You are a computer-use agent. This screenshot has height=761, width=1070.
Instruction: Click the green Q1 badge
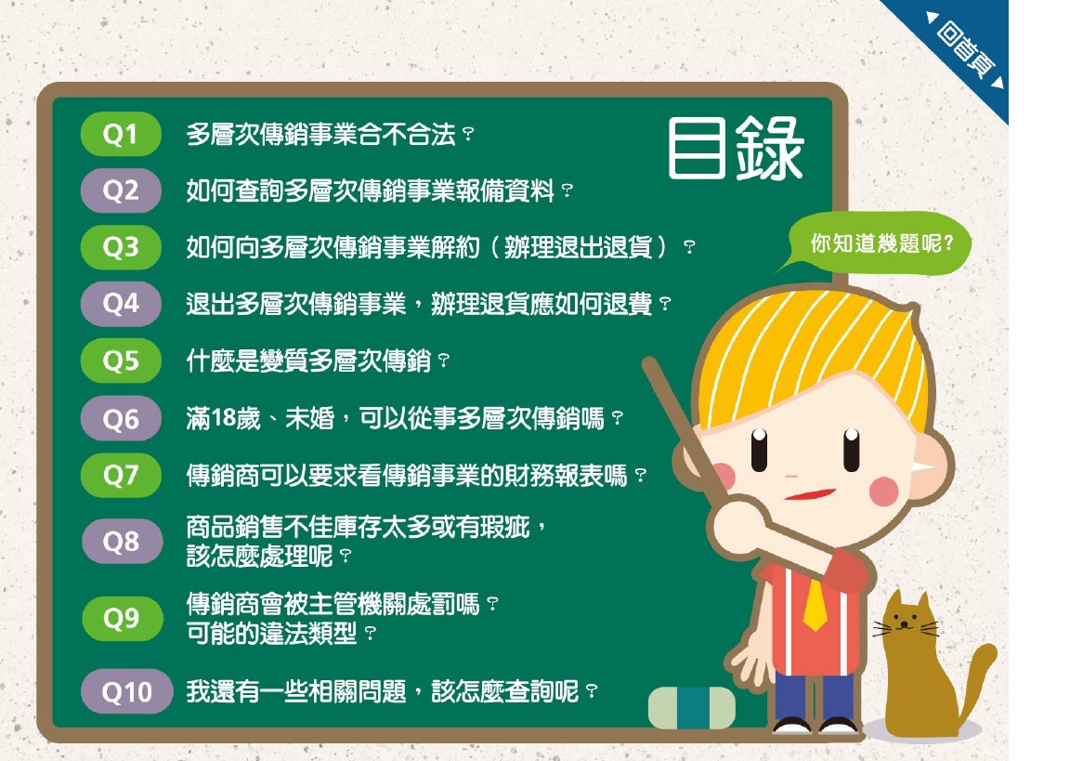click(121, 134)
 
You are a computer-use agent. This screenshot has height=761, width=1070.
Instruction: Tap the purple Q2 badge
click(121, 190)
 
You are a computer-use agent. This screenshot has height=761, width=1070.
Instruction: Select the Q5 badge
click(121, 361)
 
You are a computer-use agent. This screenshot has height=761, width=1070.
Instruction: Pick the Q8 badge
click(121, 541)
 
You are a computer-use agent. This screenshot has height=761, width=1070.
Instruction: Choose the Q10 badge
click(126, 691)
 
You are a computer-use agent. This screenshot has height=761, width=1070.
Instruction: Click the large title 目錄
click(736, 148)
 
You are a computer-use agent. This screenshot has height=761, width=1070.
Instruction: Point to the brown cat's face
click(907, 623)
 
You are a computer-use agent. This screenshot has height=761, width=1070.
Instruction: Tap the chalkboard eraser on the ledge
click(692, 707)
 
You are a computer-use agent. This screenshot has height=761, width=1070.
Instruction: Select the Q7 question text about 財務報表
click(416, 475)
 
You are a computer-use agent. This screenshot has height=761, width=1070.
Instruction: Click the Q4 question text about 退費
click(428, 304)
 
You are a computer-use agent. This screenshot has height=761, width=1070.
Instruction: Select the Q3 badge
click(121, 246)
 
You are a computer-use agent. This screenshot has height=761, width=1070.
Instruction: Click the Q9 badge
click(121, 618)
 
